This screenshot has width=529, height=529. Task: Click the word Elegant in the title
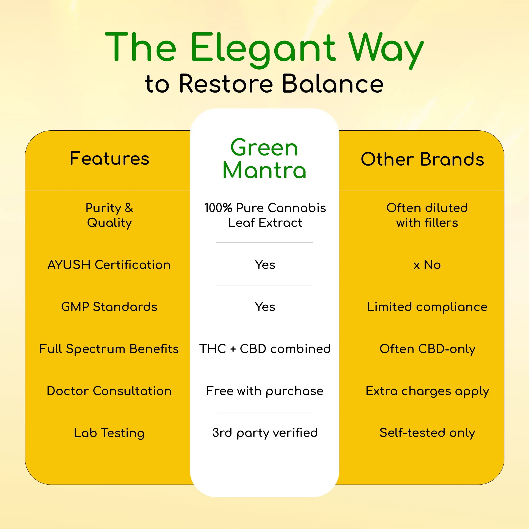point(263,48)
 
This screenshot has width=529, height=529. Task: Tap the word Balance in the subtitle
point(332,84)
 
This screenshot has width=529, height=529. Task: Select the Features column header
point(110,158)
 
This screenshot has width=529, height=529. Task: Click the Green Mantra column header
point(264,159)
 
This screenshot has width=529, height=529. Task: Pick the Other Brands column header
point(422,159)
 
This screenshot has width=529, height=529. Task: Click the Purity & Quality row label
point(110,215)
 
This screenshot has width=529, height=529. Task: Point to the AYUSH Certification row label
point(109,265)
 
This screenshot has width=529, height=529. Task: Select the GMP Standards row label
point(109,307)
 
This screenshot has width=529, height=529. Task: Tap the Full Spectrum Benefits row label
point(109,349)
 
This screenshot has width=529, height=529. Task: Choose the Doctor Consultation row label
point(109,391)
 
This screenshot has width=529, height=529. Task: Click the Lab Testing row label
point(109,433)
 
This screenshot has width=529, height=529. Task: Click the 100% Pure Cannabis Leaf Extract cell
point(265,215)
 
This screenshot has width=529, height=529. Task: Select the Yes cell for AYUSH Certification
point(265,265)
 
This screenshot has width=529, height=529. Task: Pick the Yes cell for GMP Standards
point(265,307)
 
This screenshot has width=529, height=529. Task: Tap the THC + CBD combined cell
point(265,349)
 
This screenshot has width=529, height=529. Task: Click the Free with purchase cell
point(265,391)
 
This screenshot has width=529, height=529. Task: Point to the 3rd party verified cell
point(265,433)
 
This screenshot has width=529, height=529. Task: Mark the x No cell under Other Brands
point(427,265)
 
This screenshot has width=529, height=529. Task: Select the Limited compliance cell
point(427,307)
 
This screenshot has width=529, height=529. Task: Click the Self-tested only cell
point(427,433)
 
